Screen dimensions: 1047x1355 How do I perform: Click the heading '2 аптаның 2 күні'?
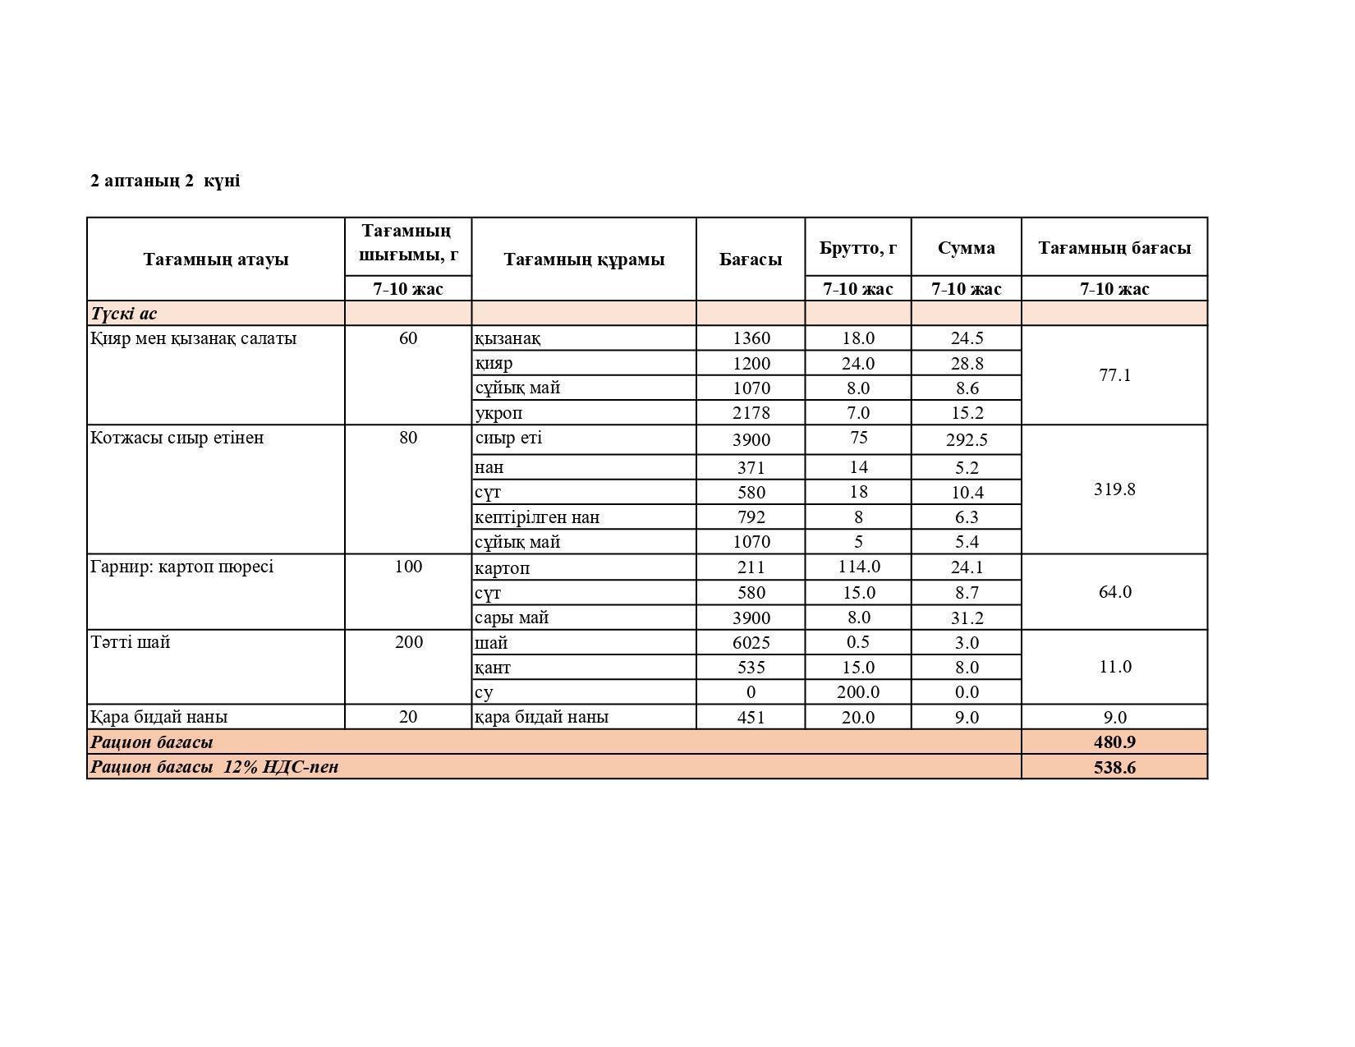point(165,181)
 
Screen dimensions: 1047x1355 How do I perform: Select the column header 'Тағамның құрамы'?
point(583,259)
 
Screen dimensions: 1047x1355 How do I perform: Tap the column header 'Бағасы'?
point(750,259)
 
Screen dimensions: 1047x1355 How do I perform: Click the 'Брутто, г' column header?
point(857,247)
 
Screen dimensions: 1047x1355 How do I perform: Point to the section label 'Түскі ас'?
point(124,314)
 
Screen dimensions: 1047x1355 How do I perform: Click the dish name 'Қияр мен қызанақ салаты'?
point(194,338)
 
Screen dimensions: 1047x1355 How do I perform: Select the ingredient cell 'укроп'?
point(498,413)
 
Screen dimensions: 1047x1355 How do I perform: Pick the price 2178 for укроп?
point(751,413)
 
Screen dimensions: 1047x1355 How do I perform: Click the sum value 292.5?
point(966,440)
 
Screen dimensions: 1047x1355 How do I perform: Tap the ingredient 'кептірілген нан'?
point(537,517)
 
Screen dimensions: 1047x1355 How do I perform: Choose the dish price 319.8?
point(1114,489)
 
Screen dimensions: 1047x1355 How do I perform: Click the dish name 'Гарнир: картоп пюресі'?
point(182,567)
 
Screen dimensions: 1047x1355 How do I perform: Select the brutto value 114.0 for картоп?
point(858,567)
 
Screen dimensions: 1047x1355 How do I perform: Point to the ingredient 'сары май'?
point(512,618)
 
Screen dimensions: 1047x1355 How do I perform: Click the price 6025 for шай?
point(751,643)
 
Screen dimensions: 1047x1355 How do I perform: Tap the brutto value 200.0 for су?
point(858,692)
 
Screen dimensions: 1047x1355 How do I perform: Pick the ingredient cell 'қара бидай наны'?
point(542,717)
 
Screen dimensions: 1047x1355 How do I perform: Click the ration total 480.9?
point(1114,742)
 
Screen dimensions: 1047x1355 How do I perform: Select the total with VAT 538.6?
point(1114,768)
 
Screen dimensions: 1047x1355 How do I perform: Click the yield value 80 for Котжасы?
point(408,438)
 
